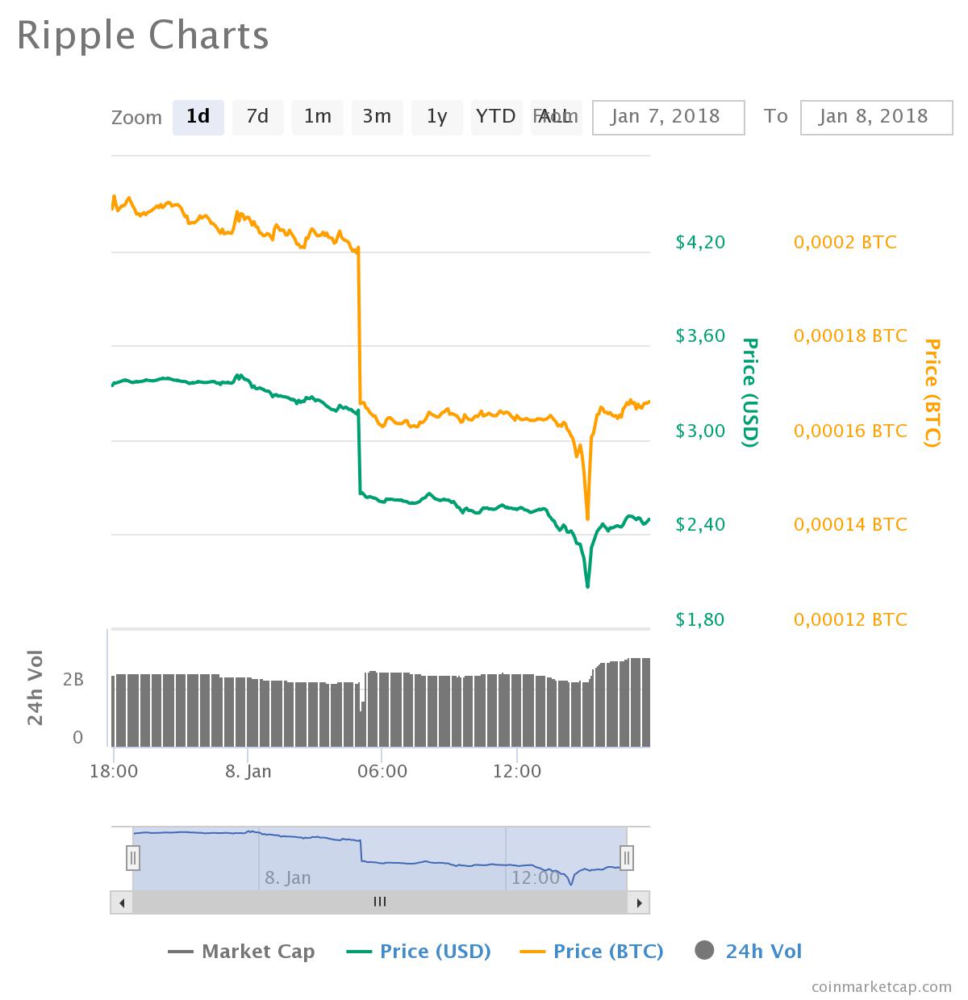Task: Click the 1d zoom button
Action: pos(198,117)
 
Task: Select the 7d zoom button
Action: pos(257,117)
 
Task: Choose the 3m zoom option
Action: pos(377,117)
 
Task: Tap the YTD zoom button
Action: pos(495,117)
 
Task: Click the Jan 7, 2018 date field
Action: pos(668,117)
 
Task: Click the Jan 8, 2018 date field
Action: pos(875,117)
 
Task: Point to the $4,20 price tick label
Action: pos(700,242)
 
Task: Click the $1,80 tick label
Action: pos(700,619)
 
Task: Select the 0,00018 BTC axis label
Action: pos(850,336)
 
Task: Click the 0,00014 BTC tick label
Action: pos(850,525)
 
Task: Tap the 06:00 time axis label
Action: pos(382,772)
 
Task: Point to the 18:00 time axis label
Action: pos(114,772)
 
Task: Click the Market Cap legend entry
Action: pos(241,952)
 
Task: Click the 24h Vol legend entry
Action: pos(749,952)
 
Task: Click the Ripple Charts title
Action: pos(143,36)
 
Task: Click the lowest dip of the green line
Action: pos(587,585)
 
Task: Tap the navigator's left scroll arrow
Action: pos(122,902)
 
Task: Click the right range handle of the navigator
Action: pos(627,857)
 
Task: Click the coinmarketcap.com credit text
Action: pos(881,986)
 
